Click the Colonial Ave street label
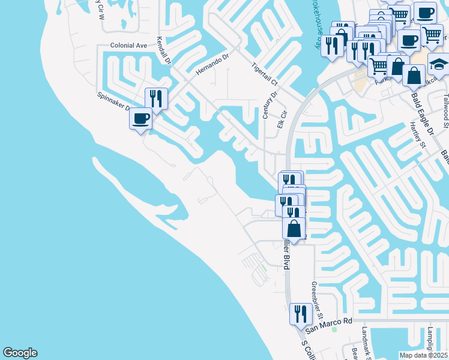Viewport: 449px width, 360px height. click(128, 45)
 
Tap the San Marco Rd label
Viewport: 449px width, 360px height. click(328, 325)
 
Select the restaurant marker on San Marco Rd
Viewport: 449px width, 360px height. click(300, 313)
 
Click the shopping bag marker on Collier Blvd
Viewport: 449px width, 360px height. click(294, 228)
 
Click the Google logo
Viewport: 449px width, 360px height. click(20, 353)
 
